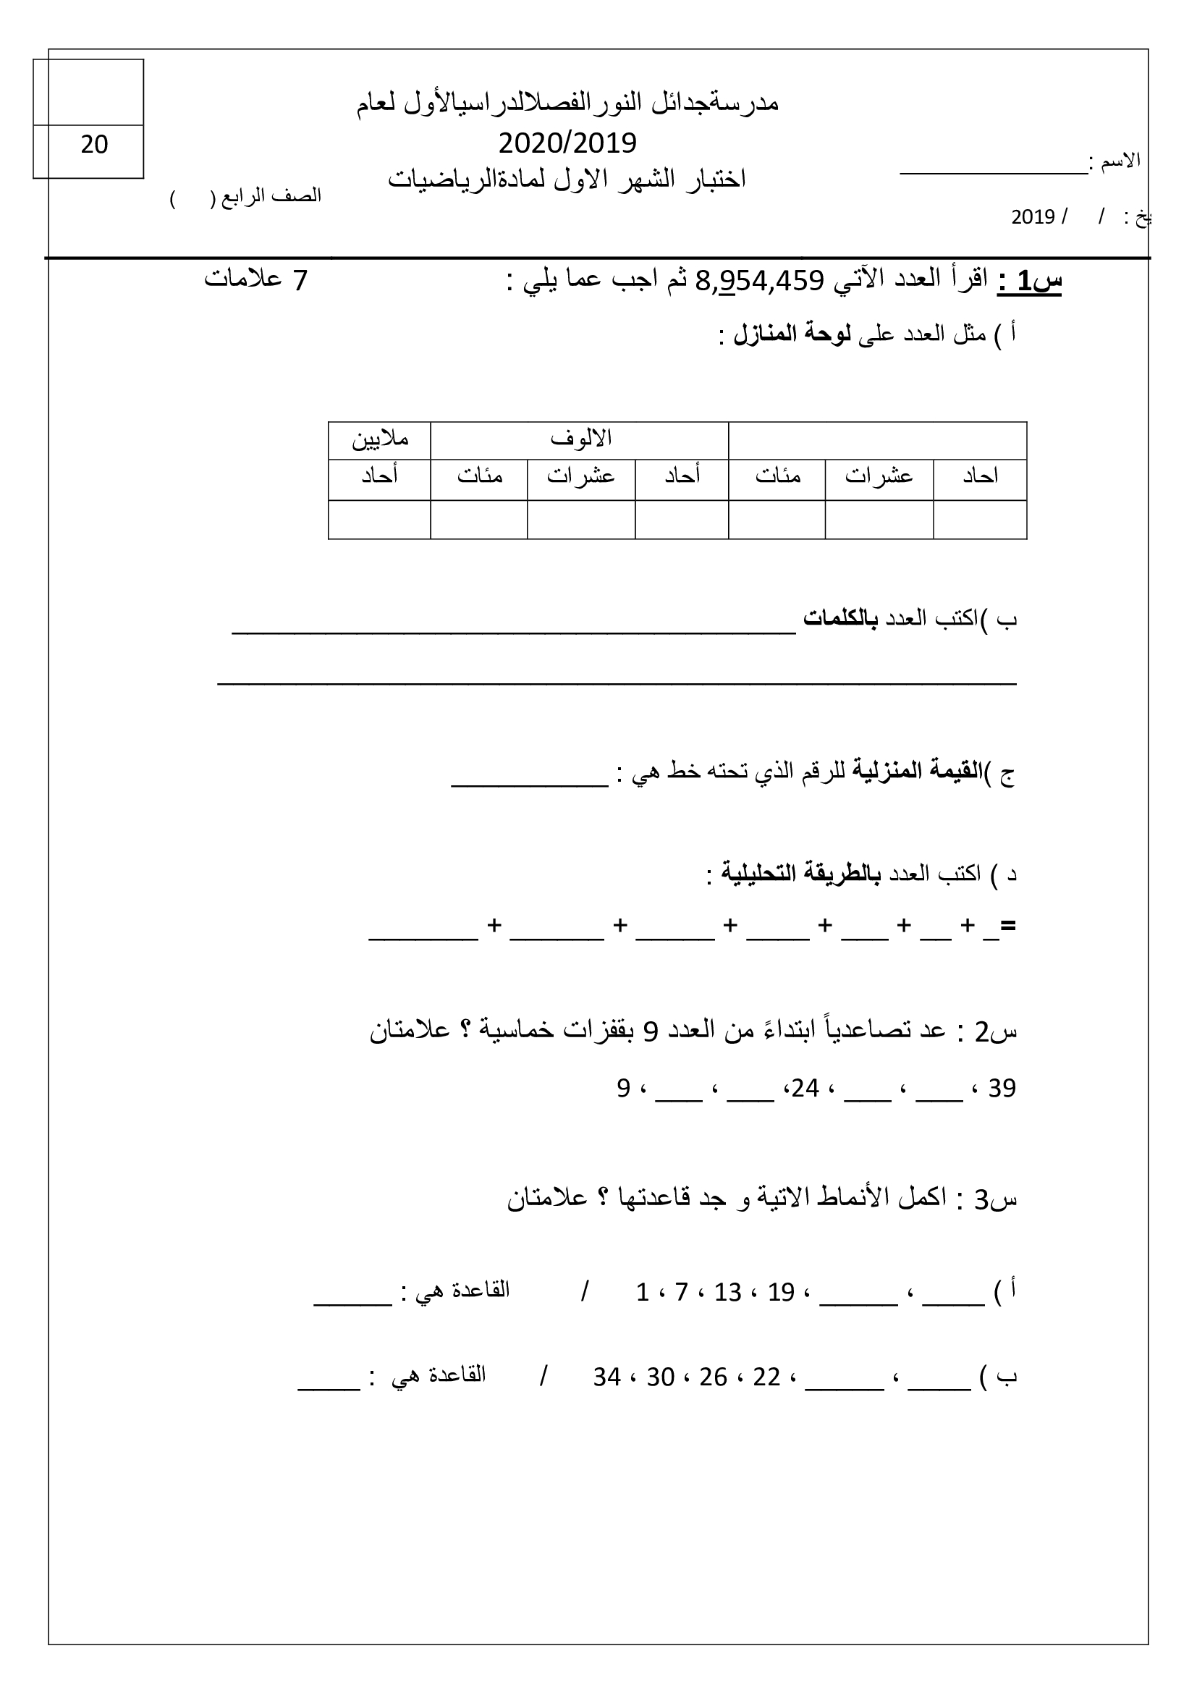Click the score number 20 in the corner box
[94, 145]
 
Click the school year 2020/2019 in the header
[567, 143]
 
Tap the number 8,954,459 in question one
[758, 281]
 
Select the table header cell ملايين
[380, 439]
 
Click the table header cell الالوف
[581, 439]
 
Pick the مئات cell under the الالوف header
[479, 476]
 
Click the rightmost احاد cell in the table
[980, 476]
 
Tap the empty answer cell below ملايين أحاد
[380, 519]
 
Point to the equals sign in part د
[1008, 926]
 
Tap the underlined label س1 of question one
[1030, 281]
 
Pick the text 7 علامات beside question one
[255, 281]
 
